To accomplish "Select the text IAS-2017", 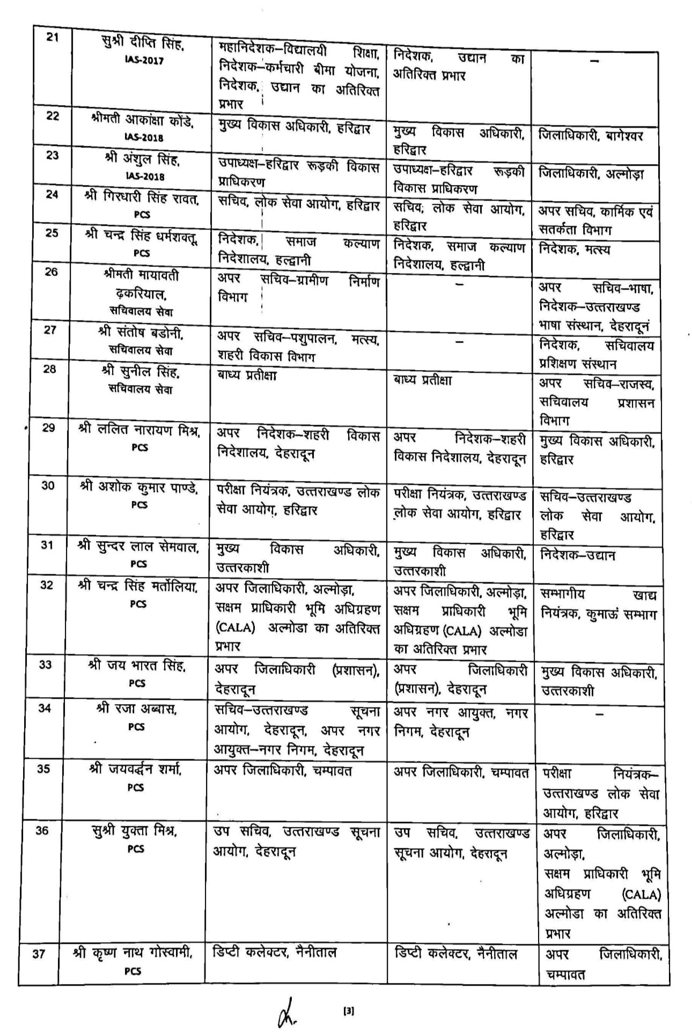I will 142,61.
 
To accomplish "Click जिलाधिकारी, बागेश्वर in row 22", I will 590,135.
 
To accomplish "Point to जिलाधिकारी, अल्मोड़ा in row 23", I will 591,174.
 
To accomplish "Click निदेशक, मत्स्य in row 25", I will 575,249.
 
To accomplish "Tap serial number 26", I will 51,271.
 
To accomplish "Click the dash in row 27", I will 459,341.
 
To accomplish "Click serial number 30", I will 48,486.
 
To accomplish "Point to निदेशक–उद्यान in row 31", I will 577,555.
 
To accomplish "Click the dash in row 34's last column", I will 600,714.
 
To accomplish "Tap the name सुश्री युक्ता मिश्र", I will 135,831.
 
